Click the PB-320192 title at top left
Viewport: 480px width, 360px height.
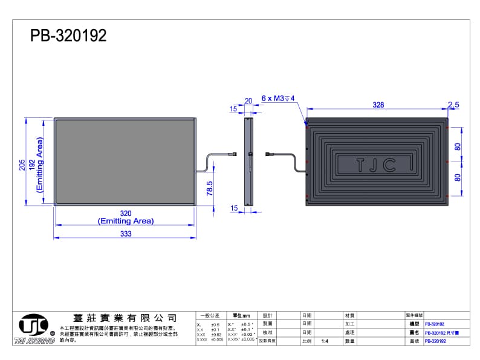click(68, 36)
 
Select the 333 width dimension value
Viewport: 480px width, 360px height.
click(126, 234)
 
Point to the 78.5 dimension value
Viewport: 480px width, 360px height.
click(210, 189)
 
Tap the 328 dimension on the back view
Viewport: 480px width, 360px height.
click(378, 105)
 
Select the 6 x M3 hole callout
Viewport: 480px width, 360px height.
click(277, 98)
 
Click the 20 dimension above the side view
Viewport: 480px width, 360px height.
click(248, 101)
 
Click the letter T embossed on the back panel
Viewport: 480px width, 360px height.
click(360, 164)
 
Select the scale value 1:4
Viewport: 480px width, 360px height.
click(325, 341)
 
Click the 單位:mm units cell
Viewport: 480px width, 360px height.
click(241, 316)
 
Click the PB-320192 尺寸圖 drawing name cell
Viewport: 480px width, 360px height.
click(442, 333)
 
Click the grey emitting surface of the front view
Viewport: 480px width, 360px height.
click(124, 161)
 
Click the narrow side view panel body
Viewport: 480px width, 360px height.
click(248, 162)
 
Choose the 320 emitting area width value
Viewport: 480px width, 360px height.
click(126, 214)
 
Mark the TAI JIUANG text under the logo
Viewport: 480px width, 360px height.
click(34, 341)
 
